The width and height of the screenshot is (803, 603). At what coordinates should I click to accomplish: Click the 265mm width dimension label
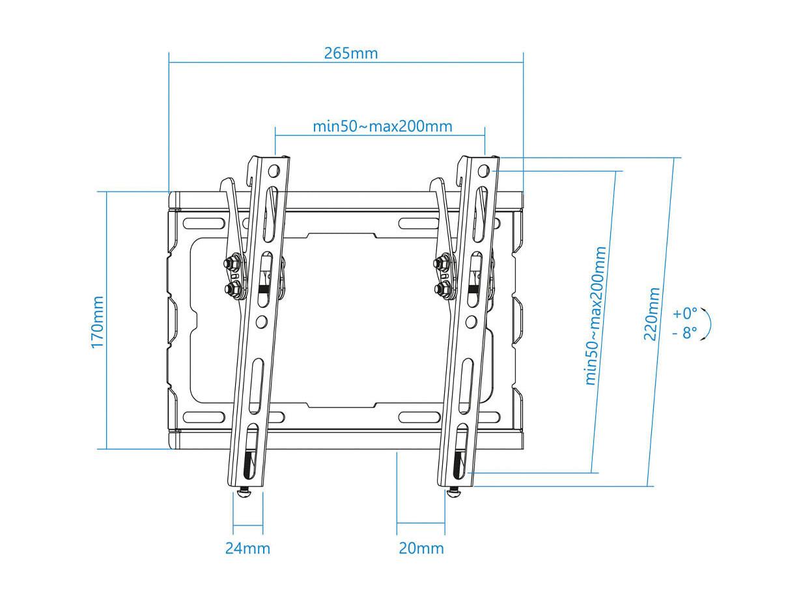tap(350, 53)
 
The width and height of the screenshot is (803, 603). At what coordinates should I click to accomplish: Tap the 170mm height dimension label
tap(98, 322)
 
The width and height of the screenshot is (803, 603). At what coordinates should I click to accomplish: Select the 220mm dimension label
tap(651, 314)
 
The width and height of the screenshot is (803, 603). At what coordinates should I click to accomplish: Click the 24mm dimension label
tap(247, 548)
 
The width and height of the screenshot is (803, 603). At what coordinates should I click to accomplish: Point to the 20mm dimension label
tap(421, 548)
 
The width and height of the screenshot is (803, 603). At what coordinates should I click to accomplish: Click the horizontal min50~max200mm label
tap(383, 126)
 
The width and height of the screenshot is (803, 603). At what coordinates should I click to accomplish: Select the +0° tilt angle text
tap(684, 314)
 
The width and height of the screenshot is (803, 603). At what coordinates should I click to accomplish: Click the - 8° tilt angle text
tap(684, 333)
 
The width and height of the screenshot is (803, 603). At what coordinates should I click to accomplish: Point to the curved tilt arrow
tap(709, 324)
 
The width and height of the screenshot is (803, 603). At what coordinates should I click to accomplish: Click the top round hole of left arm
tap(274, 170)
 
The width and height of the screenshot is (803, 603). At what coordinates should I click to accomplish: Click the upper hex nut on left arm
tap(231, 262)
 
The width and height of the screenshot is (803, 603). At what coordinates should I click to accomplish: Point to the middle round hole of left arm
tap(262, 322)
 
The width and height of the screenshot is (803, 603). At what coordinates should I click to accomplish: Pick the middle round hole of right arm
tap(472, 322)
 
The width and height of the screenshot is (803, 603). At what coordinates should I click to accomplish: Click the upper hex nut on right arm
tap(441, 262)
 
